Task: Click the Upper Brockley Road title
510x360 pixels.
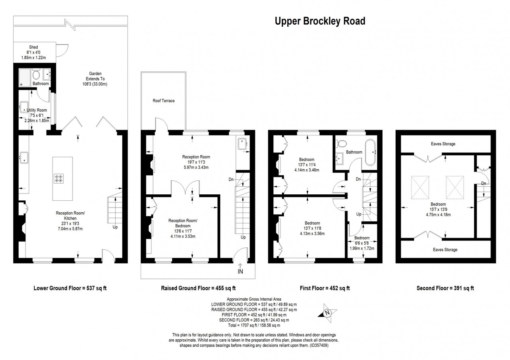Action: [320, 21]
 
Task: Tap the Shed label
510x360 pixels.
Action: [33, 47]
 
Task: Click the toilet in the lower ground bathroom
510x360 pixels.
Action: [36, 74]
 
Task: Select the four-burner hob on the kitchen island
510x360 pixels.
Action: [59, 178]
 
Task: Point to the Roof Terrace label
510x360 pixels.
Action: [163, 101]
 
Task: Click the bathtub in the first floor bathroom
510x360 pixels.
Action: [370, 152]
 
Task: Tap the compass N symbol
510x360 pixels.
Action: [328, 313]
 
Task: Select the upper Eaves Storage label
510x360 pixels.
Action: [443, 144]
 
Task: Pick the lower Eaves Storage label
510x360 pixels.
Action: [445, 250]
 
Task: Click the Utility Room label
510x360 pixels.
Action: [37, 110]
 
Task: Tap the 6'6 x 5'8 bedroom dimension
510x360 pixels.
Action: [362, 243]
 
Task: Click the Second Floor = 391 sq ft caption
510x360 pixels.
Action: [445, 288]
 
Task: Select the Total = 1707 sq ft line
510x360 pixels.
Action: [254, 325]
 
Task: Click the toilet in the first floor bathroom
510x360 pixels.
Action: [341, 143]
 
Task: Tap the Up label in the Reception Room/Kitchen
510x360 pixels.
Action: [115, 227]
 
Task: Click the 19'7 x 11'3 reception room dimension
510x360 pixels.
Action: [196, 162]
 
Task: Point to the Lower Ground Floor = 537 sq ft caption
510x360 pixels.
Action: [70, 288]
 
